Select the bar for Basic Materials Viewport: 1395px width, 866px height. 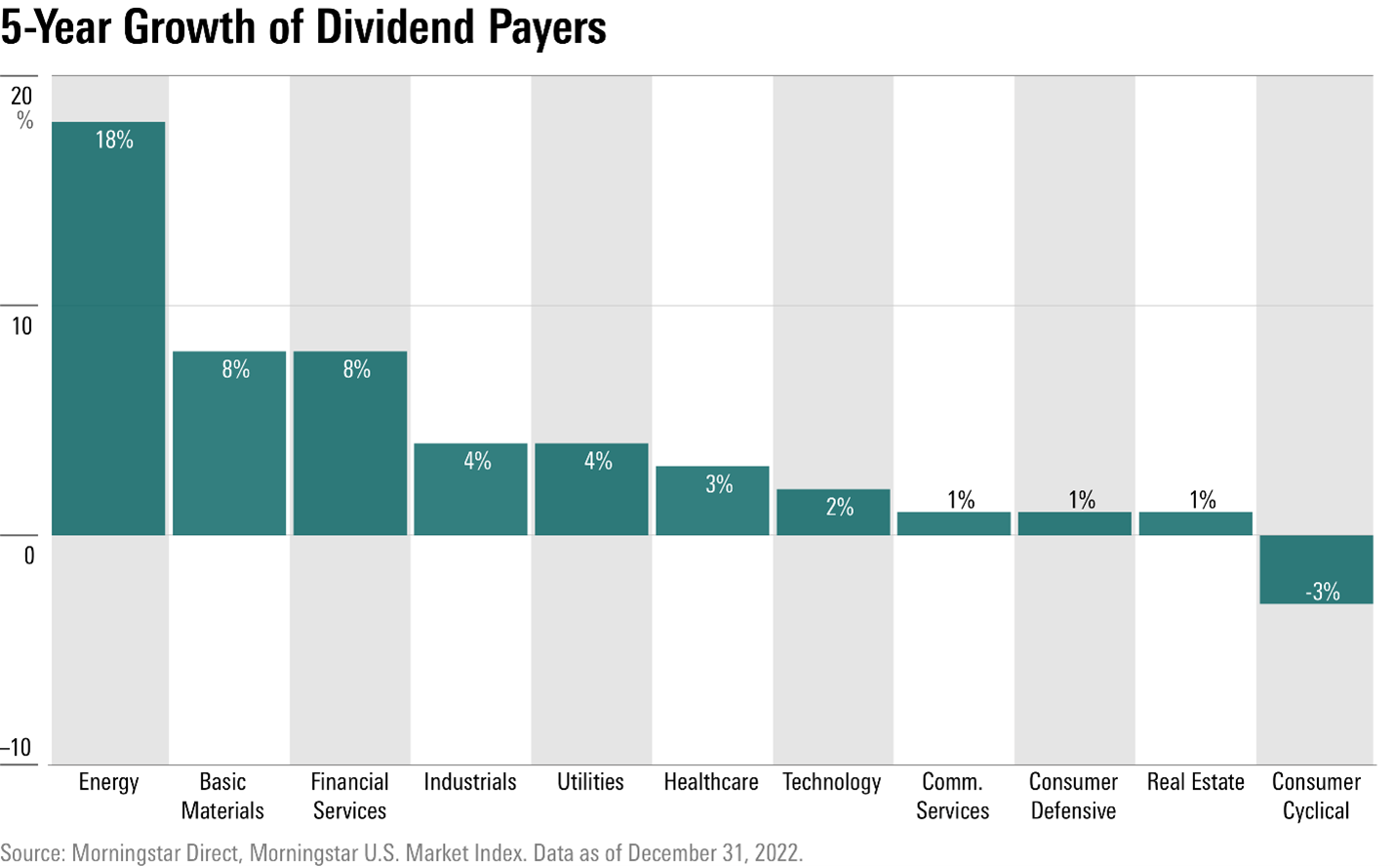[x=229, y=443]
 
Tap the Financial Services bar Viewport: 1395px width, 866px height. [x=350, y=443]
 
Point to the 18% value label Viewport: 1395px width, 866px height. [x=114, y=141]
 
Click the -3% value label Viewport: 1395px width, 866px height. [x=1322, y=592]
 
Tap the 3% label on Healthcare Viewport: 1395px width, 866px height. [x=719, y=484]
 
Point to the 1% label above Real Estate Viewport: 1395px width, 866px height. [x=1202, y=500]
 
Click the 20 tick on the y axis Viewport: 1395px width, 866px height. [x=21, y=96]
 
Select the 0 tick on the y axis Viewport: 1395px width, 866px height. [x=28, y=556]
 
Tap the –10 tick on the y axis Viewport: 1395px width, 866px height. [x=17, y=748]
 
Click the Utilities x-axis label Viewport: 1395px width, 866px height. [x=590, y=782]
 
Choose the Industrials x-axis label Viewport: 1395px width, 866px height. [x=469, y=782]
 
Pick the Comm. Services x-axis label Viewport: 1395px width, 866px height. [x=952, y=796]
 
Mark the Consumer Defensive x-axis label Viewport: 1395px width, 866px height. [x=1073, y=796]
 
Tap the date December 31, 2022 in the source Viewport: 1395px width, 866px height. [x=715, y=852]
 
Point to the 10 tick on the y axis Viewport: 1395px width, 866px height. [x=21, y=326]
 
